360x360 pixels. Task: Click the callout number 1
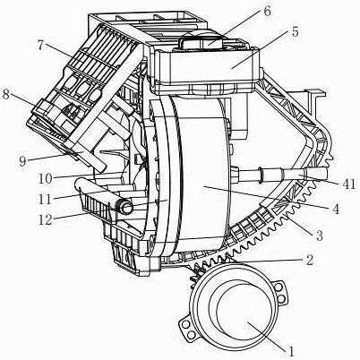coord(291,351)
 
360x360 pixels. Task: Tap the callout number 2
coord(310,260)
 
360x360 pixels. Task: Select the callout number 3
coord(320,236)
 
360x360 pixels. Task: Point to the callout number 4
coord(336,209)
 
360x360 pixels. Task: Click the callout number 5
coord(295,32)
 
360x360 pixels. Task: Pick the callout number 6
coord(267,12)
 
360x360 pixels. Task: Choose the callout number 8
coord(6,95)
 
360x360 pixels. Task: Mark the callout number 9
coord(22,161)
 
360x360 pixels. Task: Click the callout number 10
coord(46,179)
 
